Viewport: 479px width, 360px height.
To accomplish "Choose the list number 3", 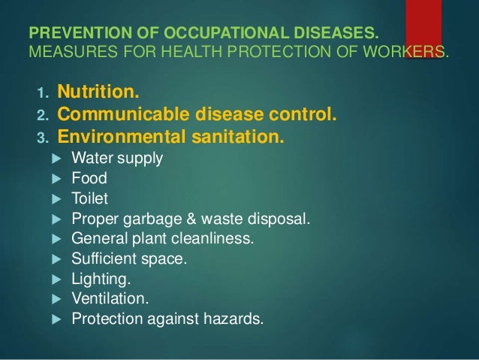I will pyautogui.click(x=42, y=139).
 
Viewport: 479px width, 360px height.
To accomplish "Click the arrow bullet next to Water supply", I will pyautogui.click(x=60, y=159).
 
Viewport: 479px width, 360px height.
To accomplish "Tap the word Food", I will pyautogui.click(x=89, y=180).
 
